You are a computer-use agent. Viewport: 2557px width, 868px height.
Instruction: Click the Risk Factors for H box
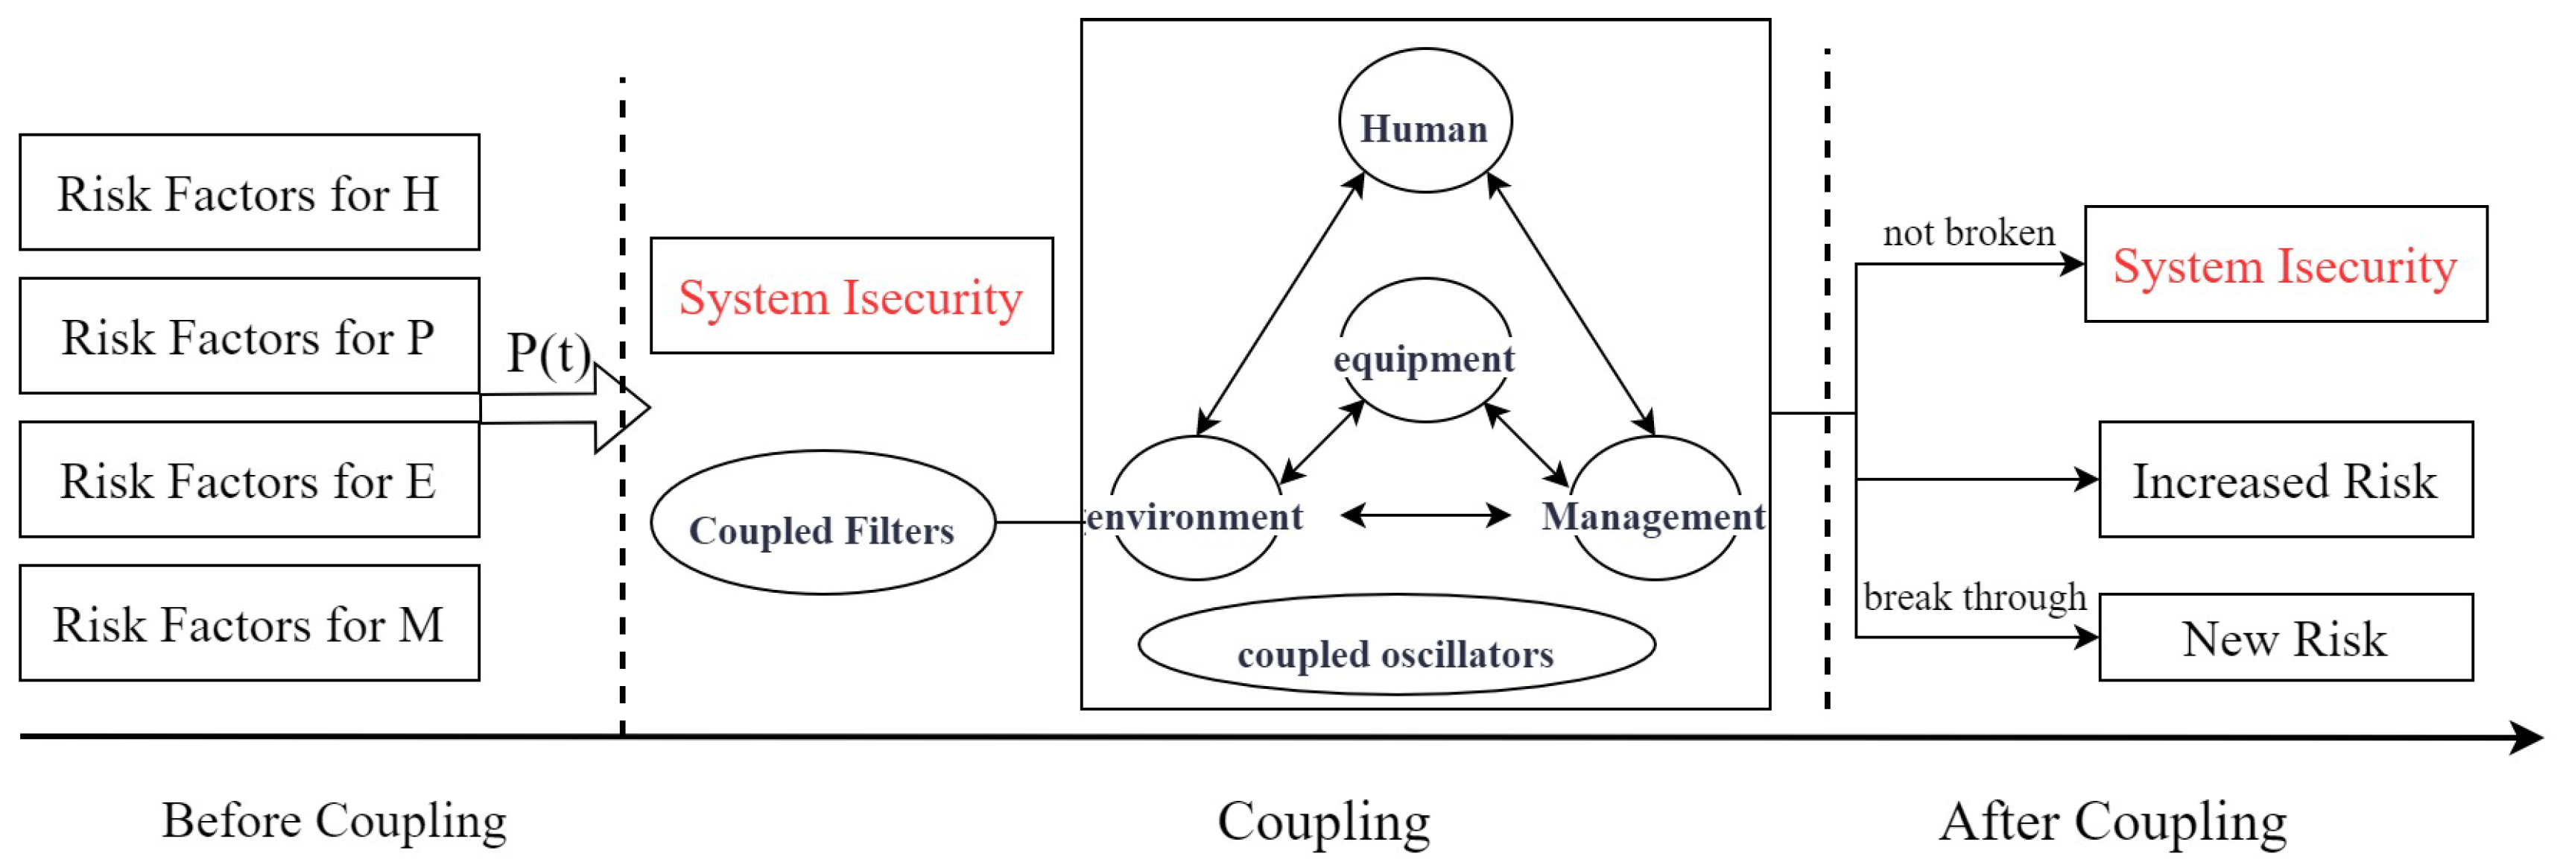249,192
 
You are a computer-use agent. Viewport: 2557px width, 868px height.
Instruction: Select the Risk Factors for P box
249,336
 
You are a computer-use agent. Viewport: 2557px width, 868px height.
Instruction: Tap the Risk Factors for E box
249,481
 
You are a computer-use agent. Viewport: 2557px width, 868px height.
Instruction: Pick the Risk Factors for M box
249,623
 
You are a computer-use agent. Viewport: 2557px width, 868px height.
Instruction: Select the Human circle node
1425,121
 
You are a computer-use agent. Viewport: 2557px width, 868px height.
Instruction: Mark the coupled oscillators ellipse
1395,647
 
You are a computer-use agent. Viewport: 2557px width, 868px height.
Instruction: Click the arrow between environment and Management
1425,515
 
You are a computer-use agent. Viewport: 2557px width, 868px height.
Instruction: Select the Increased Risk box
2285,481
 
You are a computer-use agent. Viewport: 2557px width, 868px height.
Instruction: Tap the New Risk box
2285,638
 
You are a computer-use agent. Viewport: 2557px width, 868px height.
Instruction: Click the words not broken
1968,233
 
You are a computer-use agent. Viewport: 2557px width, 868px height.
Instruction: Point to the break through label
1974,597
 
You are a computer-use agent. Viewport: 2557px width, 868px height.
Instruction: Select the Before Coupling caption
335,821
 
